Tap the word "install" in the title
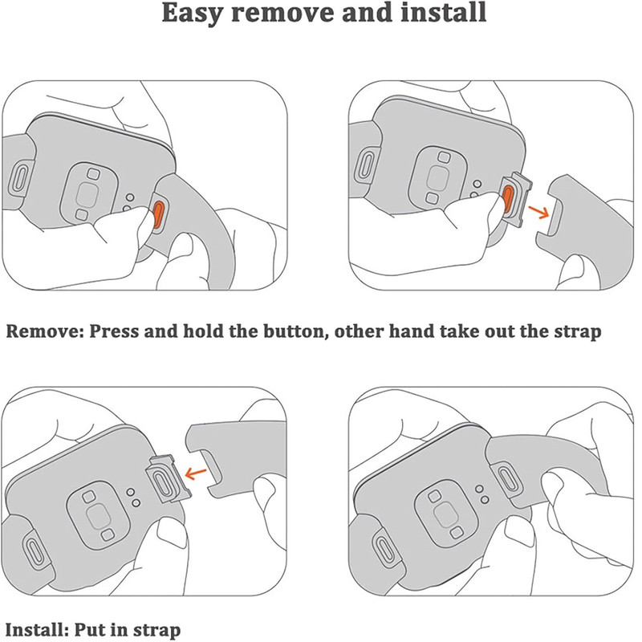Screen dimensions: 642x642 (444, 12)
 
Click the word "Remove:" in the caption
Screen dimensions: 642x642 (44, 331)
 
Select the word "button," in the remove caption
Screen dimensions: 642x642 (295, 331)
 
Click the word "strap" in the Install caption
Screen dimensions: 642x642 (156, 631)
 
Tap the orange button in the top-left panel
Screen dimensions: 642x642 (159, 215)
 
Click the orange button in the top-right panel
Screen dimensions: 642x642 (508, 198)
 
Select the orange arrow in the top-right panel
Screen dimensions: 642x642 (538, 212)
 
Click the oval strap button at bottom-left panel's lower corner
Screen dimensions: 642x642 (34, 548)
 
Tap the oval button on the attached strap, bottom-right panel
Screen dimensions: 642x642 (508, 477)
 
